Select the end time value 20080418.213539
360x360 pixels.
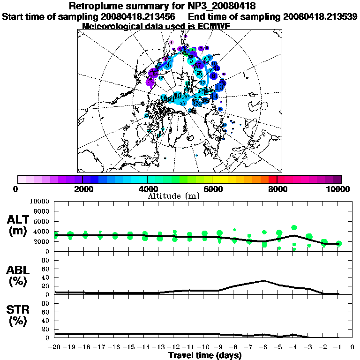click(320, 16)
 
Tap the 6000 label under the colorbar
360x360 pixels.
click(212, 189)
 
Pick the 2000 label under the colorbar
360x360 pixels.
click(82, 189)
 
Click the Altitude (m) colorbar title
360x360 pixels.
click(174, 195)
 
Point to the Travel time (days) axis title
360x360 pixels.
click(205, 356)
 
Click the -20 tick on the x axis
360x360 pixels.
click(55, 347)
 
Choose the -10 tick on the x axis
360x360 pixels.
click(204, 347)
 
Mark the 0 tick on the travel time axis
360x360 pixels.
click(352, 347)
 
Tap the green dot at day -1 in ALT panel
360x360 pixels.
click(339, 243)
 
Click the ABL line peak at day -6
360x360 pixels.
click(264, 281)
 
